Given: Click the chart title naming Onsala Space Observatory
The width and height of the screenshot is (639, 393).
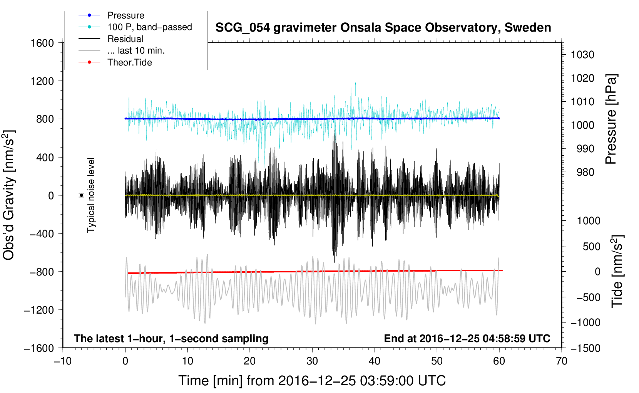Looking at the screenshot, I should (383, 28).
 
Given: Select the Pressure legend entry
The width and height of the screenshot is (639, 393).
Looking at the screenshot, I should (125, 15).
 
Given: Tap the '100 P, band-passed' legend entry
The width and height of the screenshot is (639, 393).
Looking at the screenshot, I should (149, 27).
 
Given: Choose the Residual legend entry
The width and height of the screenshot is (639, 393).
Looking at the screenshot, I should (125, 39).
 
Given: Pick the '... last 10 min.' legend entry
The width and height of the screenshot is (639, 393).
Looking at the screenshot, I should (136, 50).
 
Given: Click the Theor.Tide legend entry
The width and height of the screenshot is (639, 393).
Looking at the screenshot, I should (129, 62).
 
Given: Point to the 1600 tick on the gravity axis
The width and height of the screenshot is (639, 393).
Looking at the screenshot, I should (42, 43).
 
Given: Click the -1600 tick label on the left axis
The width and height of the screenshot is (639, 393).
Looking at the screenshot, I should (39, 348).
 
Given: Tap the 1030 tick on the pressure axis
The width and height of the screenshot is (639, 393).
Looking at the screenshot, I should (582, 55).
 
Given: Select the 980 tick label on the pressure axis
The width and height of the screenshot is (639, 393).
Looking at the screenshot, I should (585, 172).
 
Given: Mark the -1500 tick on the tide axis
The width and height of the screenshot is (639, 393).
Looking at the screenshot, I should (585, 348).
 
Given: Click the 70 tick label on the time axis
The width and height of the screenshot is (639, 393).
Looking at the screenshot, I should (562, 361).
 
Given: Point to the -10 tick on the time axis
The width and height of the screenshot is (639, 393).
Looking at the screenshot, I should (63, 361).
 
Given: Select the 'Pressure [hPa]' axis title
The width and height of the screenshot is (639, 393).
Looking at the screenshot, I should (611, 119).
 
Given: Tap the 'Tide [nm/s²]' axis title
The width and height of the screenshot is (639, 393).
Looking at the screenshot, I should (617, 271).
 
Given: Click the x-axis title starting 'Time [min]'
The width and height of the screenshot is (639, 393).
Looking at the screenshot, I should (312, 381).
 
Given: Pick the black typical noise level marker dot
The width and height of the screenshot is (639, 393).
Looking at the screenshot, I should (82, 195).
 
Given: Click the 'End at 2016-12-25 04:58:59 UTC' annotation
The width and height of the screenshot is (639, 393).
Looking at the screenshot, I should (467, 338).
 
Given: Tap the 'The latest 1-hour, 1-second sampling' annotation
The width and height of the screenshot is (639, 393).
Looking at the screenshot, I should (171, 338).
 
